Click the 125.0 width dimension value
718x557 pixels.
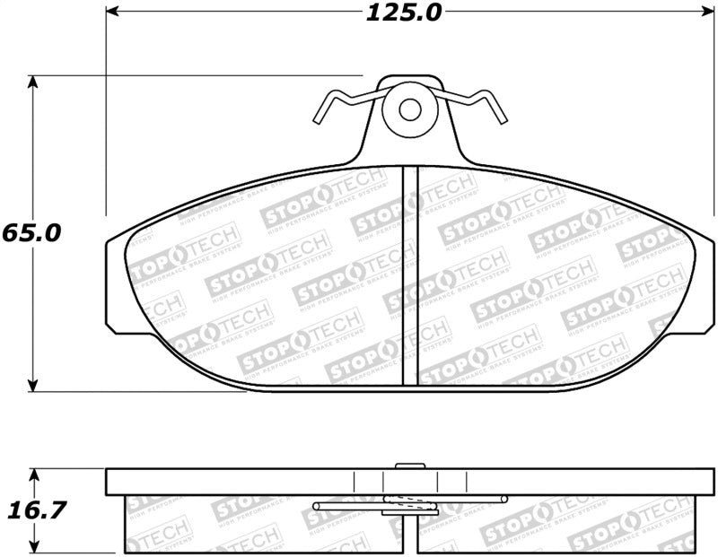[402, 13]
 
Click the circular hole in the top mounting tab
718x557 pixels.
[410, 109]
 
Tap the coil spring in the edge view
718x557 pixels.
[409, 504]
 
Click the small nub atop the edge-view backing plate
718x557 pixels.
[409, 465]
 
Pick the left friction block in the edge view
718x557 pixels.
[260, 524]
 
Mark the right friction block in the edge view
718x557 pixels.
[556, 524]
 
